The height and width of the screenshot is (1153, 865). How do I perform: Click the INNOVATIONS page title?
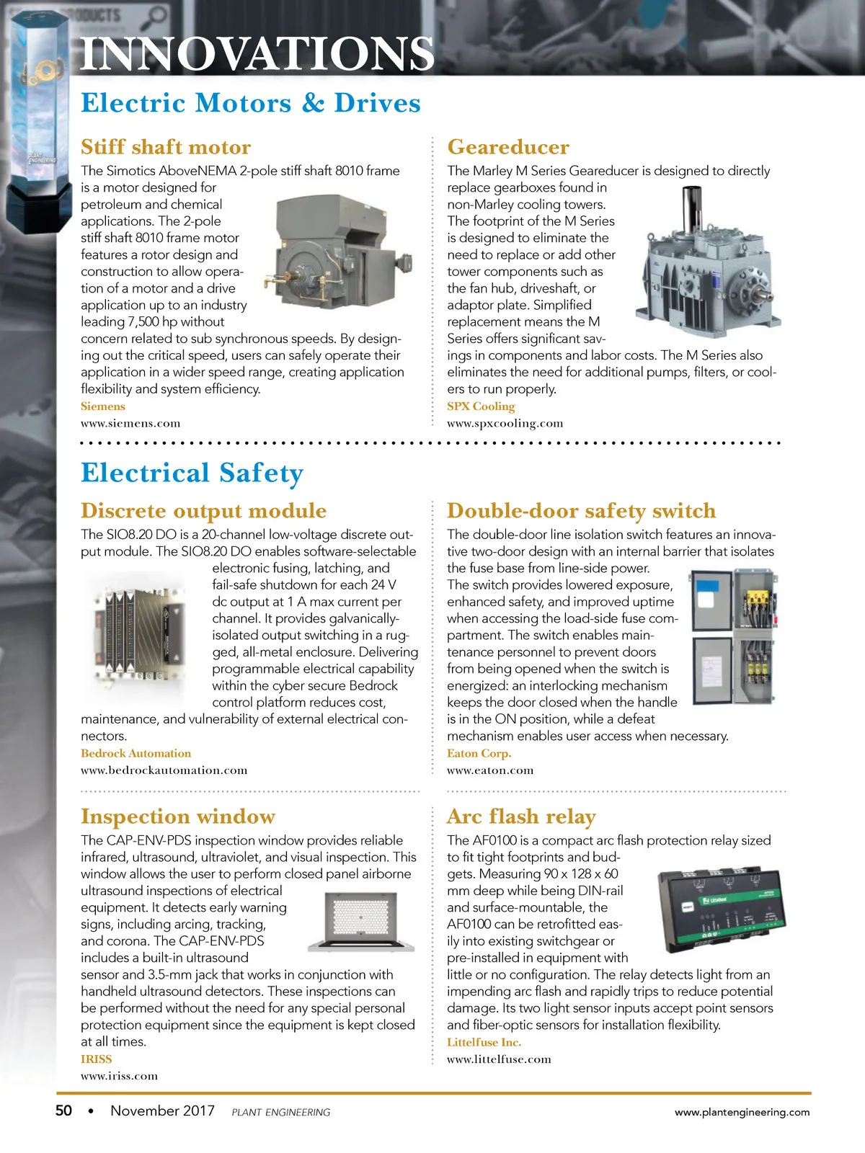coord(257,54)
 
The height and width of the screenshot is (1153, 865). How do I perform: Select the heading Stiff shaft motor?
coord(166,147)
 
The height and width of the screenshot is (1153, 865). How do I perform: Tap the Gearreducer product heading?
coord(508,147)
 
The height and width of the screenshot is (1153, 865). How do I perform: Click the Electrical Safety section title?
coord(192,473)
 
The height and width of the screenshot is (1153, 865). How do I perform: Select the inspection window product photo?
coord(361,922)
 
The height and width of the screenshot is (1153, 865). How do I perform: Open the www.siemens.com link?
coord(130,424)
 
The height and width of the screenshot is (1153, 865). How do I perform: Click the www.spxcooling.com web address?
coord(505,424)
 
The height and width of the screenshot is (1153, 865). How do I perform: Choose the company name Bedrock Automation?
coord(136,753)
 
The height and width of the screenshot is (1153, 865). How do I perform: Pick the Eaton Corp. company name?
coord(479,753)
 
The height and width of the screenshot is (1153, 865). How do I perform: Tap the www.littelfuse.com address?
coord(499,1059)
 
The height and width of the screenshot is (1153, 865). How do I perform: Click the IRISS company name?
coord(96,1059)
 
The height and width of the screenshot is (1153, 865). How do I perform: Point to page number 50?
coord(63,1110)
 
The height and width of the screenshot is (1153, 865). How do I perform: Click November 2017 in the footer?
coord(162,1110)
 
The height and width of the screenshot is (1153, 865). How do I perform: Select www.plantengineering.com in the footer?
coord(742,1112)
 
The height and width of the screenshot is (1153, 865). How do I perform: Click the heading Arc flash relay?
coord(521,816)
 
